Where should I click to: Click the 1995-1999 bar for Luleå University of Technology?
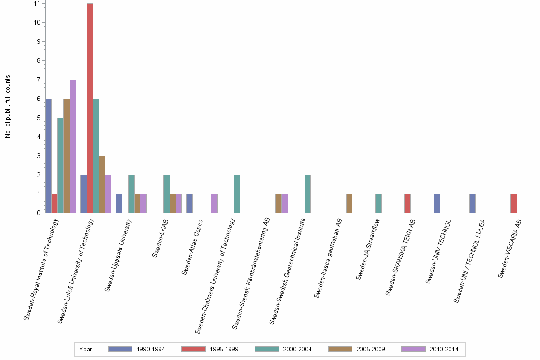pyautogui.click(x=90, y=108)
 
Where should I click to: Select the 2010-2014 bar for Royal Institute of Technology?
pyautogui.click(x=73, y=146)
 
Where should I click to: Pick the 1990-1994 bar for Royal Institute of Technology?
pyautogui.click(x=49, y=156)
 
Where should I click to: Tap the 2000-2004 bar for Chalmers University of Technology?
pyautogui.click(x=237, y=194)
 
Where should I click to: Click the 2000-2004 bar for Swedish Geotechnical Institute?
pyautogui.click(x=308, y=194)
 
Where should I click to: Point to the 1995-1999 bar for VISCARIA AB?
pyautogui.click(x=514, y=203)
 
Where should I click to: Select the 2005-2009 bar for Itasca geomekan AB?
pyautogui.click(x=349, y=203)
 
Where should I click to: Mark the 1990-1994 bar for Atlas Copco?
pyautogui.click(x=190, y=203)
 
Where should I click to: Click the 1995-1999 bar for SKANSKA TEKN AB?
pyautogui.click(x=408, y=203)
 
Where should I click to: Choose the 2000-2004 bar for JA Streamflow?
pyautogui.click(x=379, y=203)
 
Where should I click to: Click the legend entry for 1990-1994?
pyautogui.click(x=137, y=350)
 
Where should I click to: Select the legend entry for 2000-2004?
pyautogui.click(x=283, y=350)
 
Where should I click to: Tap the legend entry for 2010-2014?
pyautogui.click(x=430, y=350)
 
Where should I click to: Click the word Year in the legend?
pyautogui.click(x=86, y=350)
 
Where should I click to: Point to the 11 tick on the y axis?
pyautogui.click(x=37, y=3)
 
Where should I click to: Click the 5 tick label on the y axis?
pyautogui.click(x=37, y=118)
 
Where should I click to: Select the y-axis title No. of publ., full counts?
pyautogui.click(x=8, y=107)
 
